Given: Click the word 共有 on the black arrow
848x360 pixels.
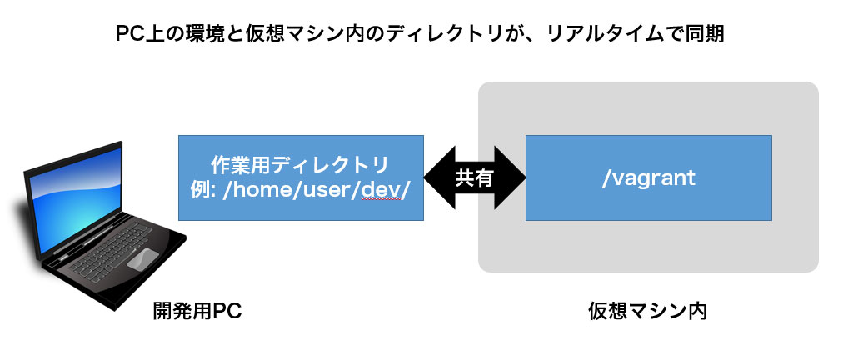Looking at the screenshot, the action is tap(474, 177).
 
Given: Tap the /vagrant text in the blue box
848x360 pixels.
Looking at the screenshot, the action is tap(648, 178).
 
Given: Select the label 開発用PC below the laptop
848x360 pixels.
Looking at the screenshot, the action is tap(197, 312).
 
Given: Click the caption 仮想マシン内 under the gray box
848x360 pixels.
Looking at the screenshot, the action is tap(648, 312).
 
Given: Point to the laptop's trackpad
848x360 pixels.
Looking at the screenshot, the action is tap(142, 258).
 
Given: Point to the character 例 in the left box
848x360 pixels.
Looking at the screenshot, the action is tap(200, 192).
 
